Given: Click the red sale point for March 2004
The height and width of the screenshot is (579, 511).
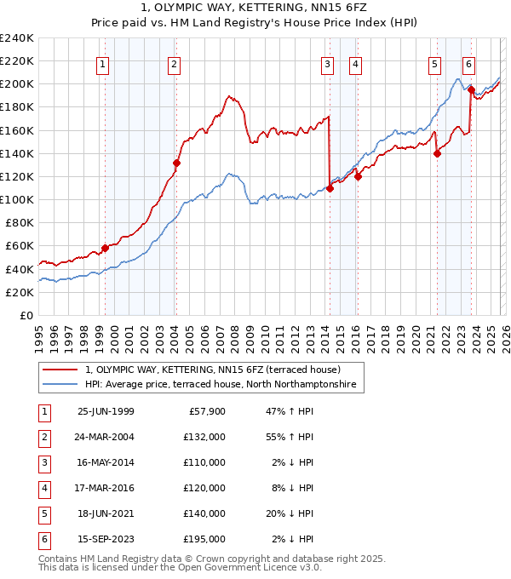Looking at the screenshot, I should point(176,163).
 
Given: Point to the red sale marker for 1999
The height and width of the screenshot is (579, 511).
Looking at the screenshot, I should point(106,248).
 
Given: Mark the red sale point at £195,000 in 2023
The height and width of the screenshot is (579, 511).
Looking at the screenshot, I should point(471,89).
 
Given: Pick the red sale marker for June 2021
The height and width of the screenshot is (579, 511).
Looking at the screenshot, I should point(437,153).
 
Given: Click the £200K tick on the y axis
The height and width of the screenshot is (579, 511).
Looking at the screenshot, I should point(17,84).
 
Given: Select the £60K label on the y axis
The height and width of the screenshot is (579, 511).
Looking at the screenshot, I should point(20,245).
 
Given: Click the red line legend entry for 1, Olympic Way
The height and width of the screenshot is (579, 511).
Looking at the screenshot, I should point(213,370).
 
